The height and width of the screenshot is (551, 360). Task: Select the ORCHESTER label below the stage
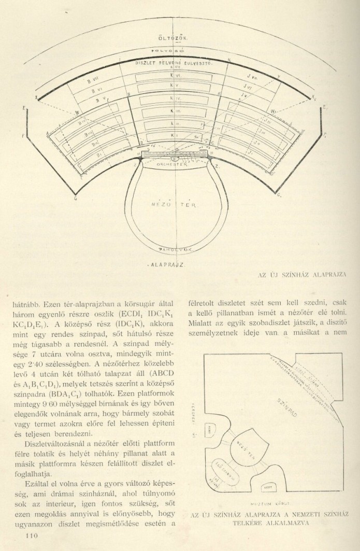175,163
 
